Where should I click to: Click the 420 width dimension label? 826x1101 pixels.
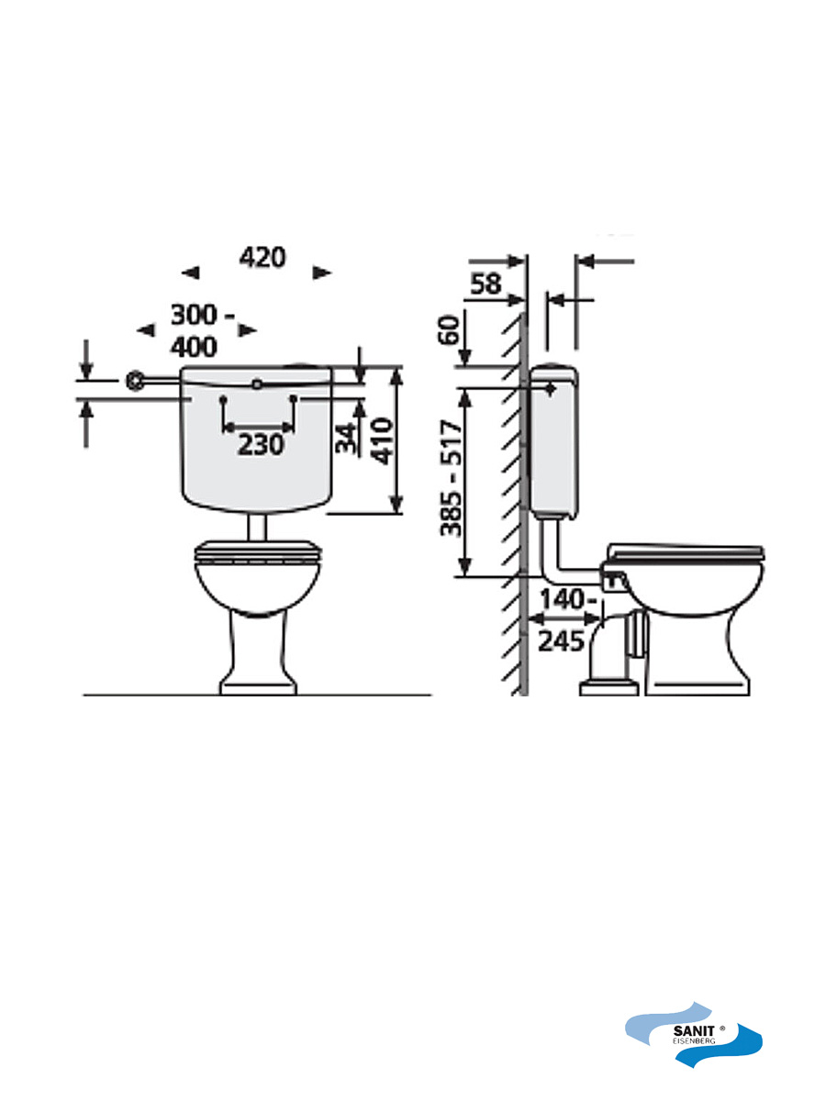point(262,258)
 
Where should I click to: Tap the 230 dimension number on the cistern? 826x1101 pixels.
point(261,444)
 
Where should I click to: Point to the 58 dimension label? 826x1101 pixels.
point(486,284)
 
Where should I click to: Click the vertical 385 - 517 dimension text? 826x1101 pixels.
point(450,480)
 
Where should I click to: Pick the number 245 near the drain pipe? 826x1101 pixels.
point(561,641)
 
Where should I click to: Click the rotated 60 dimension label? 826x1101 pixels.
point(449,329)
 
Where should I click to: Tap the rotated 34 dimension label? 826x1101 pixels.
point(346,439)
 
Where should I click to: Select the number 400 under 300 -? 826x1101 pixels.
point(194,347)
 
